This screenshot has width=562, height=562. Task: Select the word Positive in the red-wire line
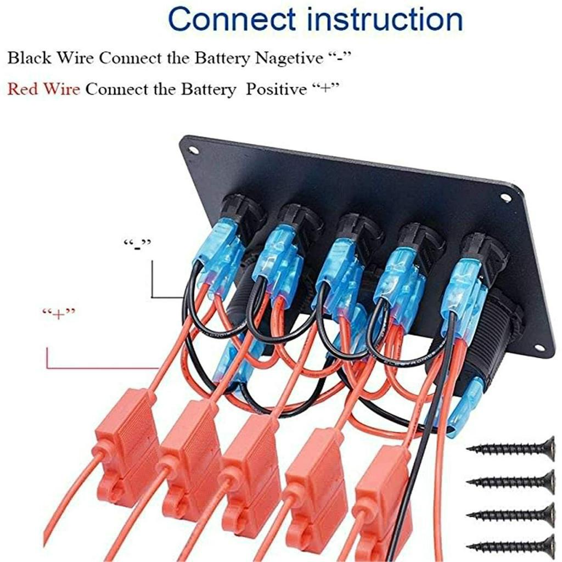tap(276, 89)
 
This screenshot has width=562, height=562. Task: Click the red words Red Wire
tap(43, 89)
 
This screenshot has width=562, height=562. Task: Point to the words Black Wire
tap(50, 58)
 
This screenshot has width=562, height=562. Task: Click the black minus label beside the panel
tap(137, 244)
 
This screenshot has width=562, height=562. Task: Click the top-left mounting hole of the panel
tap(193, 150)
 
